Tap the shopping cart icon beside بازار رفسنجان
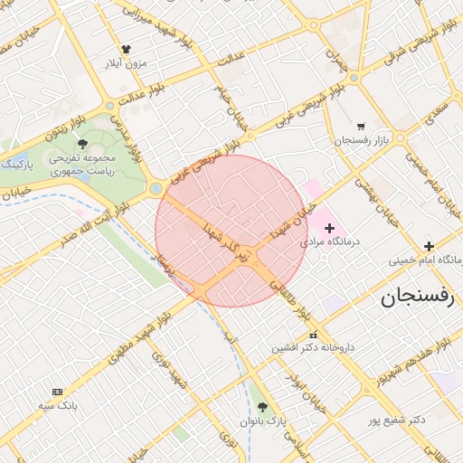click(361, 127)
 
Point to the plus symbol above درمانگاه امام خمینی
click(430, 246)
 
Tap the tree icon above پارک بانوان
click(263, 407)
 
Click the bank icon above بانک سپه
click(59, 392)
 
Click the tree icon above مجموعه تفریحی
click(82, 144)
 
